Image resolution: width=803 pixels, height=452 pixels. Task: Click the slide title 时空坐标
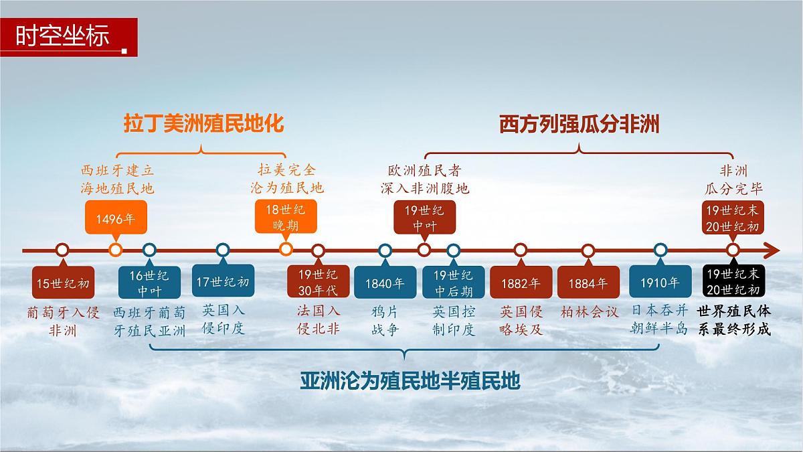coord(63,36)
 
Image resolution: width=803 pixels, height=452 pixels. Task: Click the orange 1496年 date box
coord(115,218)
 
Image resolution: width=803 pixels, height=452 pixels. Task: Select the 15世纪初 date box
coord(62,283)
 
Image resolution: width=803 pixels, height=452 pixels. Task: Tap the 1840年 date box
coord(385,283)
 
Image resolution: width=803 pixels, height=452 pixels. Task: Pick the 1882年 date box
coord(521,283)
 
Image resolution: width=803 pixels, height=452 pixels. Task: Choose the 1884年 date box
coord(588,283)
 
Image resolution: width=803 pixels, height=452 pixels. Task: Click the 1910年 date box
coord(660,282)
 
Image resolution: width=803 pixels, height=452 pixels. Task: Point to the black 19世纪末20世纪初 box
coord(733,281)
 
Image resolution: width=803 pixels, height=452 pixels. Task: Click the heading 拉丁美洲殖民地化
coord(203,125)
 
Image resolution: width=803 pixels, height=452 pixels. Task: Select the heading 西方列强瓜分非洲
coord(579,125)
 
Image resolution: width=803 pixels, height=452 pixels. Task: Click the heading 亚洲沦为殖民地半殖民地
coord(410,382)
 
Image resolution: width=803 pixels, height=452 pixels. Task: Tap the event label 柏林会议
coord(588,312)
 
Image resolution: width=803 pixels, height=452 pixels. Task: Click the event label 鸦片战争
coord(385,320)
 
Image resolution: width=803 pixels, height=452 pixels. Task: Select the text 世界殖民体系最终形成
coord(733,320)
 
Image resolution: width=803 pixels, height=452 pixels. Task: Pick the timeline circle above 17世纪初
coord(223,250)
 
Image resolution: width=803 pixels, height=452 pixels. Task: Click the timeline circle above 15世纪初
coord(62,250)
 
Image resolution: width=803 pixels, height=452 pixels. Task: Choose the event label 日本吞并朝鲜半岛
coord(660,319)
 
